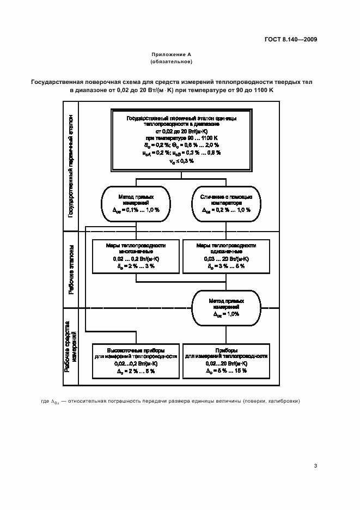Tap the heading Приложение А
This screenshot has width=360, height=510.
pos(172,55)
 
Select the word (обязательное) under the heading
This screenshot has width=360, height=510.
pos(172,62)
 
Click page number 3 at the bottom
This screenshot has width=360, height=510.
pos(316,465)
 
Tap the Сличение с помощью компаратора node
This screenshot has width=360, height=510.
pos(226,203)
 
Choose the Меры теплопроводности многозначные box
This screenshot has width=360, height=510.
pos(136,256)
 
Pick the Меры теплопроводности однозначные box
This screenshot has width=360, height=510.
pos(226,256)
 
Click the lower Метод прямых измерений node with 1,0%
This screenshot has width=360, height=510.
pos(226,307)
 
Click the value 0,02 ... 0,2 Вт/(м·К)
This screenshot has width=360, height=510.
pos(136,259)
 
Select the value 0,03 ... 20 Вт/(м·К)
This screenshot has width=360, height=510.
pos(226,259)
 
